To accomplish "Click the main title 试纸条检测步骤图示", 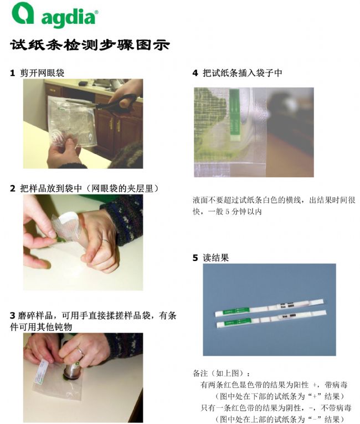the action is (90, 45).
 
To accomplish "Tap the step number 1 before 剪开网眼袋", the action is (12, 73).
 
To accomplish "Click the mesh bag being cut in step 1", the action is (71, 121).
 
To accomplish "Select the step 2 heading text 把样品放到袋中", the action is (51, 188).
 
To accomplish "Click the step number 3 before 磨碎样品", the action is (12, 315).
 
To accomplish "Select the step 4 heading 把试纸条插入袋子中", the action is (243, 73).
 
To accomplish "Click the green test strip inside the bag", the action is (234, 115).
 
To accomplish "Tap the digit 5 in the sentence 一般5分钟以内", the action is (227, 212).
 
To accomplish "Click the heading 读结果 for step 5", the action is (216, 258).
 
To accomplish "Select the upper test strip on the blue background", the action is (270, 308).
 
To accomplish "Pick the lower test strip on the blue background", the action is (271, 320).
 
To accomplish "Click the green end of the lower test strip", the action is (233, 323).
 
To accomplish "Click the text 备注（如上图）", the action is (221, 374).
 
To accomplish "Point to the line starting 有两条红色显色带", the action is (274, 385).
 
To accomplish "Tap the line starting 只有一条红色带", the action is (276, 407).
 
